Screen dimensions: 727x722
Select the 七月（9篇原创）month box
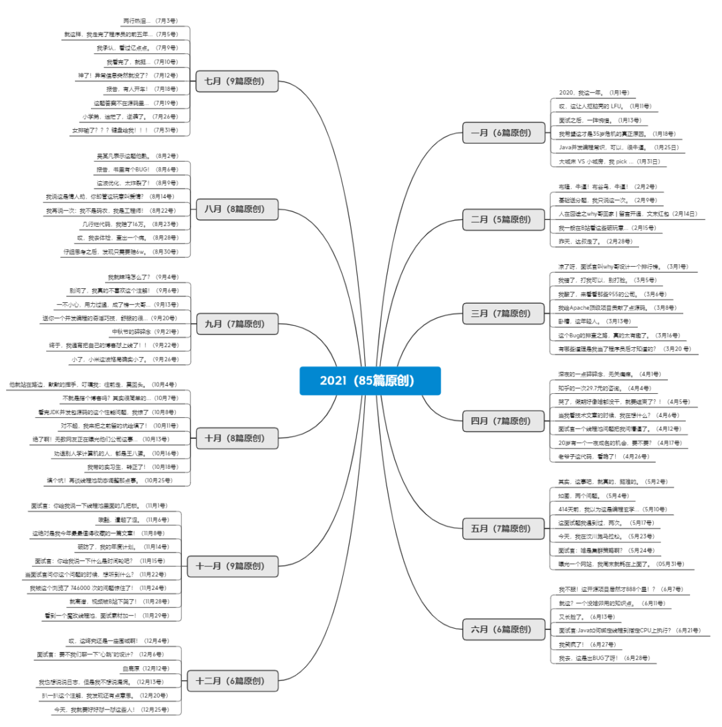(237, 82)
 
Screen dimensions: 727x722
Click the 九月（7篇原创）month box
(237, 324)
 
